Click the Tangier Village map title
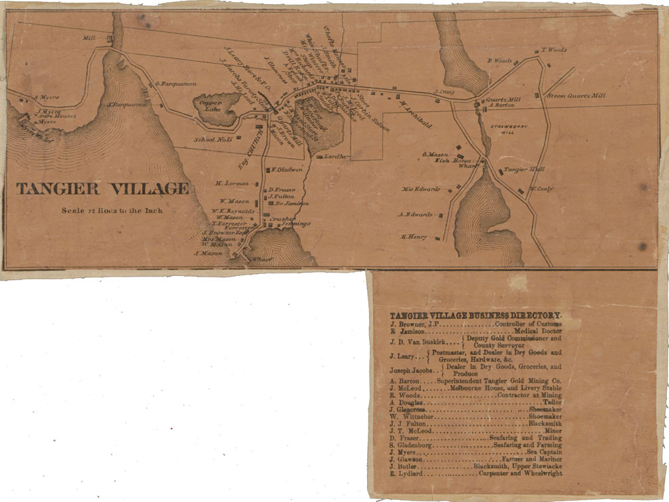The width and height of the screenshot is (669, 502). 102,189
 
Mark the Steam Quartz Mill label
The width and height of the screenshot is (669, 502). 577,96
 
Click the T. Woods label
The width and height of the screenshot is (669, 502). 554,50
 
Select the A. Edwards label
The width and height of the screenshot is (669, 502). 415,215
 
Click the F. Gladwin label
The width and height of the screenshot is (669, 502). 288,169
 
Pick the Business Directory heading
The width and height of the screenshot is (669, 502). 475,314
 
